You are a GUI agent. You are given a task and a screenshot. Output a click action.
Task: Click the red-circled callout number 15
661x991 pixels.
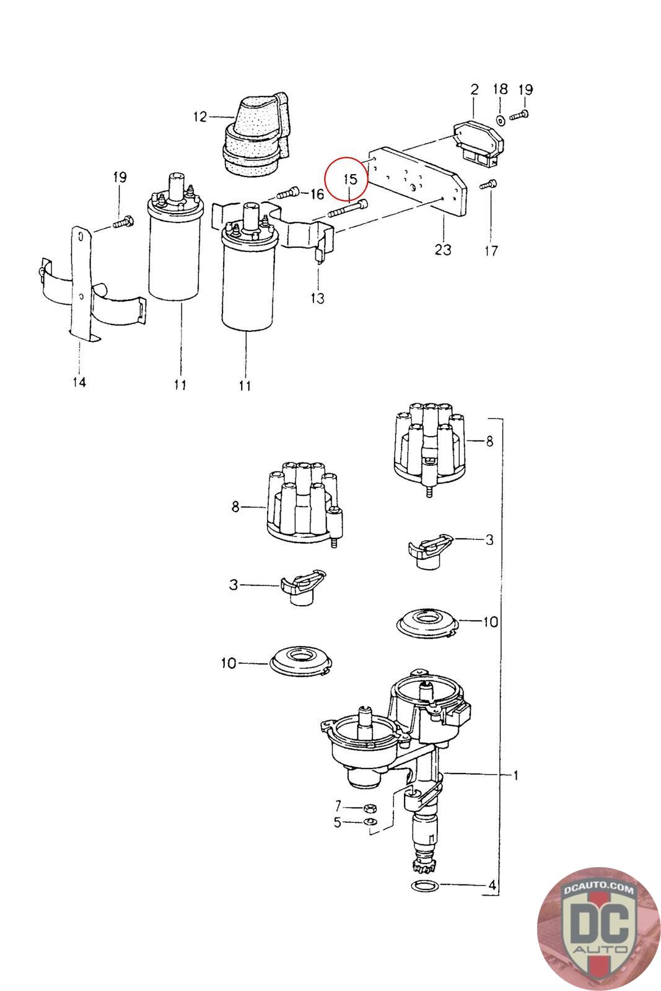pyautogui.click(x=350, y=180)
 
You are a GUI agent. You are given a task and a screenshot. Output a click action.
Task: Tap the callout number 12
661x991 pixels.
pyautogui.click(x=199, y=116)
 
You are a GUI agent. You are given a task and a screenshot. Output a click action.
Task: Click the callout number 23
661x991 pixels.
pyautogui.click(x=443, y=250)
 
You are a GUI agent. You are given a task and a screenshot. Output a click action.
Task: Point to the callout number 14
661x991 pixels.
pyautogui.click(x=79, y=382)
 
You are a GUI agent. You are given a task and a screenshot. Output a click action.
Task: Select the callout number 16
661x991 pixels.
pyautogui.click(x=317, y=194)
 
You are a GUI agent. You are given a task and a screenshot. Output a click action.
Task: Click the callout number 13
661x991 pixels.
pyautogui.click(x=317, y=299)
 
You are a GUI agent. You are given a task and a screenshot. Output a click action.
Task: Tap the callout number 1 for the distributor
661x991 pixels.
pyautogui.click(x=516, y=775)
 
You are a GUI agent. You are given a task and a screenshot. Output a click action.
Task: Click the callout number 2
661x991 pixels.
pyautogui.click(x=474, y=89)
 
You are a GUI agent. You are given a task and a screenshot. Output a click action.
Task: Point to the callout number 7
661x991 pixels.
pyautogui.click(x=338, y=806)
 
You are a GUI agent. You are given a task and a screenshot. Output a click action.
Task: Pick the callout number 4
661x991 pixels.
pyautogui.click(x=492, y=886)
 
